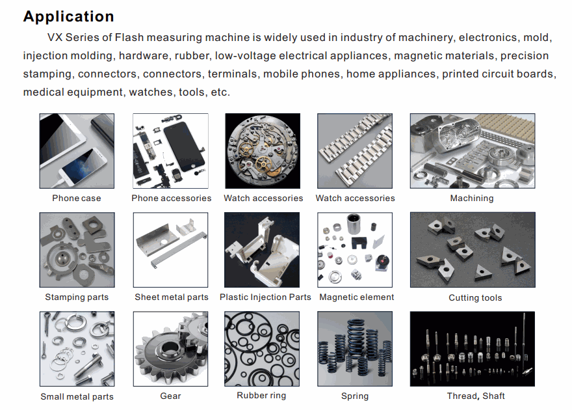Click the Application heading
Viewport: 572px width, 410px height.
pos(69,17)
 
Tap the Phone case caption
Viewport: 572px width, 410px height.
pos(77,198)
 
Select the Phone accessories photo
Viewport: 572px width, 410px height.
pos(171,151)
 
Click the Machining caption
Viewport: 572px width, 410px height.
pos(472,198)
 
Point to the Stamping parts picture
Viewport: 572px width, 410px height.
pos(77,250)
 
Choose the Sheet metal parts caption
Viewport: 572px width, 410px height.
pos(172,297)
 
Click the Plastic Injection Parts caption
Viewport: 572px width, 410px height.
pos(265,297)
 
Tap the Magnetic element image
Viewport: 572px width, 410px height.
pos(355,250)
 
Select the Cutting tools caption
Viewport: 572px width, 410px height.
pos(475,298)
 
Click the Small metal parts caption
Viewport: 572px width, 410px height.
pos(77,397)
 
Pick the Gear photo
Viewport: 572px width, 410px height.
pos(171,349)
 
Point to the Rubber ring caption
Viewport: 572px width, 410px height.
pos(261,396)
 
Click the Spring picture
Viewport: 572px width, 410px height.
pos(355,349)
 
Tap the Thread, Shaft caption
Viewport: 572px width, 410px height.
pos(476,396)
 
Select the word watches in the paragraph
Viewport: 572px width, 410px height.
pos(151,92)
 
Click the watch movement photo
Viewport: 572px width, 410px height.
pos(263,151)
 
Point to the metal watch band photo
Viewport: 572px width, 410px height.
pos(355,151)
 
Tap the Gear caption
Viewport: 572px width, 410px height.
pos(170,396)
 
